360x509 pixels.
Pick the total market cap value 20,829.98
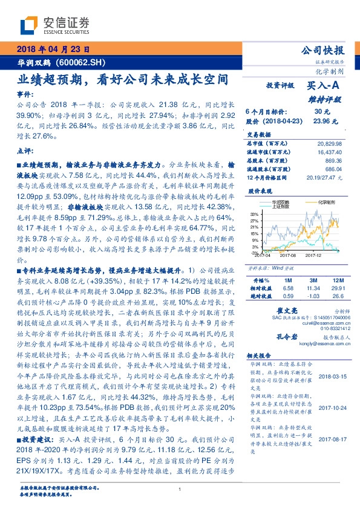point(329,144)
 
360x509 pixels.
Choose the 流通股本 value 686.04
point(333,170)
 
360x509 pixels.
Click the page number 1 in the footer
point(180,490)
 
